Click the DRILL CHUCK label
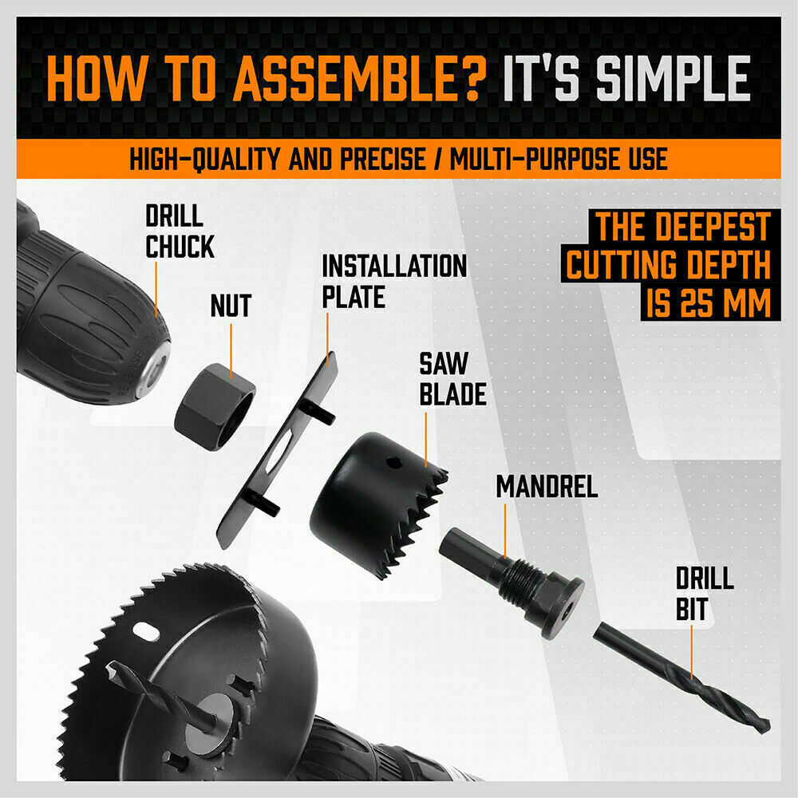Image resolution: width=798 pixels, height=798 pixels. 180,231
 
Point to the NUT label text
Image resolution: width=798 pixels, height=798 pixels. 231,305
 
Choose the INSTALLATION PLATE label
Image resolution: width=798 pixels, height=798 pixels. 393,281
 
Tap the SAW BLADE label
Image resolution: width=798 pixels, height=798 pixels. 452,380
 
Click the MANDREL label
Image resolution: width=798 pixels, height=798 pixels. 547,487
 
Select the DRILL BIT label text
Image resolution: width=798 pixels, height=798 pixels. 705,594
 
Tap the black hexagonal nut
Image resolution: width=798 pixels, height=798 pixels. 214,402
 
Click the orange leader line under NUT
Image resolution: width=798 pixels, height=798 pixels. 231,347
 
